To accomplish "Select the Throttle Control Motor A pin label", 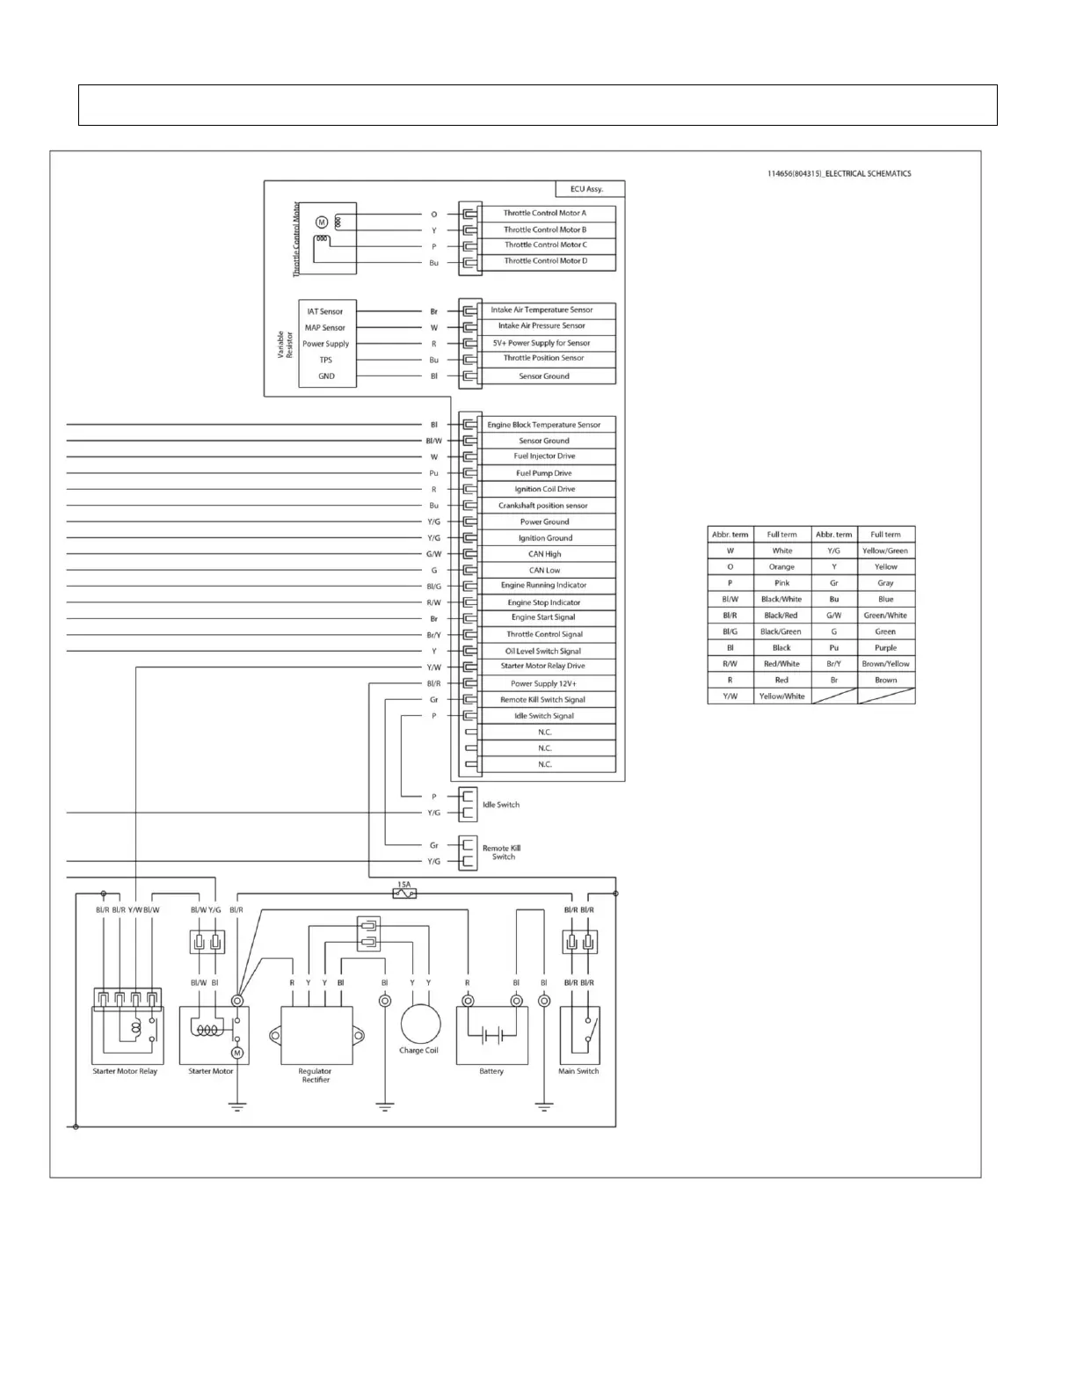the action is click(x=544, y=213).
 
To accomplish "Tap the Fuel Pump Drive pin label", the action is click(x=544, y=473).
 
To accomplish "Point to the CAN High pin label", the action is click(x=544, y=554).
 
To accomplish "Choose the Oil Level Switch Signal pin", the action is click(x=543, y=651).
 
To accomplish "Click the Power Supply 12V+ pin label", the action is click(x=543, y=683).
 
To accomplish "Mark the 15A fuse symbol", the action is click(x=405, y=893).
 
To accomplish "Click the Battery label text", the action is click(x=491, y=1071).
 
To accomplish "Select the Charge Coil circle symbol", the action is click(x=420, y=1025).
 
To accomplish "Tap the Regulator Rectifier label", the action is click(x=315, y=1076).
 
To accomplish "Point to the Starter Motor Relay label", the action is click(x=125, y=1071).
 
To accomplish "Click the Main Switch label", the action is click(x=578, y=1071).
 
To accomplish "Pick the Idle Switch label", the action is click(x=501, y=805).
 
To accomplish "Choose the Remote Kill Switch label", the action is click(x=502, y=852).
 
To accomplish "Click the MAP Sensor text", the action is click(x=324, y=328).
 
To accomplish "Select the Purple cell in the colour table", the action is click(x=885, y=648).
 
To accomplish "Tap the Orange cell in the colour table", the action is click(x=782, y=567).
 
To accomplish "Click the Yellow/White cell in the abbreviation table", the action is click(x=782, y=696).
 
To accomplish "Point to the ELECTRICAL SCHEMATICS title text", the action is click(x=839, y=174).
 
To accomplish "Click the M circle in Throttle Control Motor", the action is click(x=322, y=222).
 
